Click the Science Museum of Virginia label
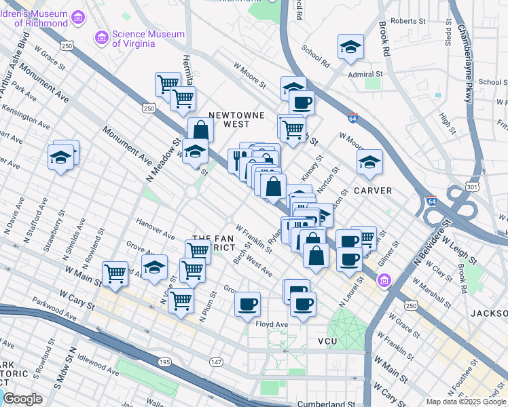(x=148, y=39)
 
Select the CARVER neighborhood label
(x=372, y=191)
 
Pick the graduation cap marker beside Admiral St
(x=350, y=46)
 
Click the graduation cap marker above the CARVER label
(x=369, y=161)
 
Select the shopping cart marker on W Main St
(x=115, y=274)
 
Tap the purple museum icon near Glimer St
(x=384, y=279)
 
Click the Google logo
(x=22, y=399)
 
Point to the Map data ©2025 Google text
(x=466, y=402)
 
